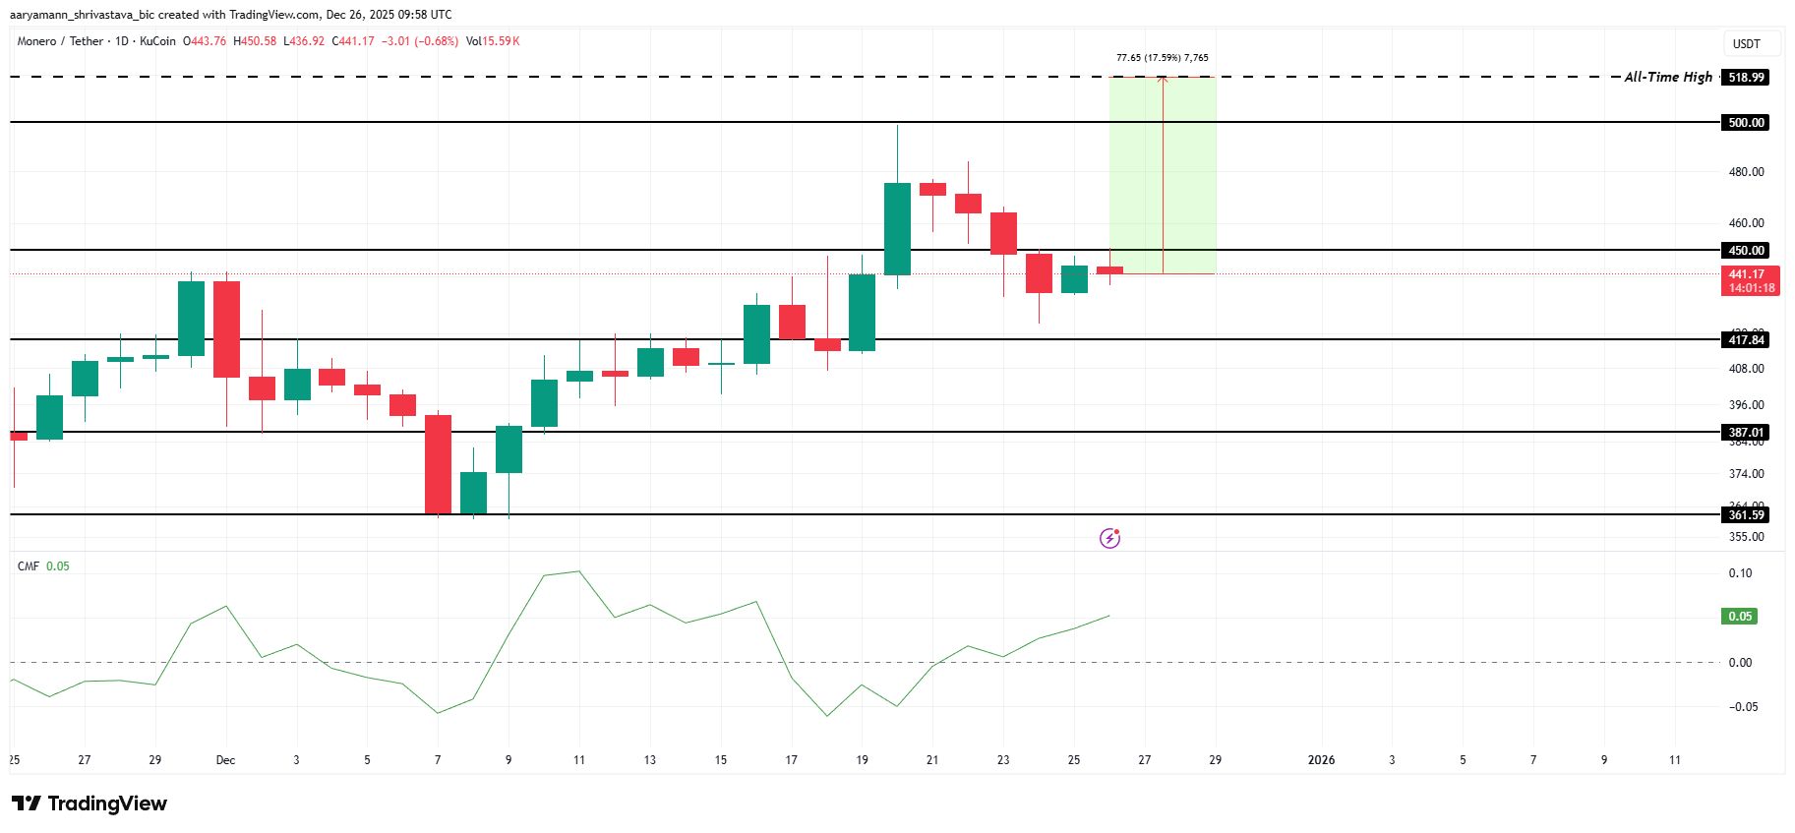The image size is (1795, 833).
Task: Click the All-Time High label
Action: click(1668, 77)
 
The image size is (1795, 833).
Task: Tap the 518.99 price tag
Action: click(1746, 77)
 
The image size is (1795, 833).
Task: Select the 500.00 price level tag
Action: click(1746, 123)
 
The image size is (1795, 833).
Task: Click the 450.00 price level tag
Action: click(1746, 251)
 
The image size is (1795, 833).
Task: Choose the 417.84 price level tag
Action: click(1746, 340)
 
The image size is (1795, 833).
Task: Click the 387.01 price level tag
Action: click(1746, 433)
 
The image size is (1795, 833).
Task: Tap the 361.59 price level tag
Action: click(1746, 515)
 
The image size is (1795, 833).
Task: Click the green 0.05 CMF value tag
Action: click(1740, 617)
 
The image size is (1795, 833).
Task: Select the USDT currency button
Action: click(1747, 43)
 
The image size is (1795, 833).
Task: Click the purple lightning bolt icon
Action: click(1109, 538)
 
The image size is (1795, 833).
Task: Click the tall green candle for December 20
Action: click(897, 228)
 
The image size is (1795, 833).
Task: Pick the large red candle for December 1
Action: click(227, 329)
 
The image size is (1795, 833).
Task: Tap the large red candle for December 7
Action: click(438, 464)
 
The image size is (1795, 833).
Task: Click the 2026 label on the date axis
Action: click(1321, 760)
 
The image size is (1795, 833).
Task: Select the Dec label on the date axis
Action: click(225, 760)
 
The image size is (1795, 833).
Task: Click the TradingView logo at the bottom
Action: click(90, 803)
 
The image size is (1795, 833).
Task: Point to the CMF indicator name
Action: click(29, 566)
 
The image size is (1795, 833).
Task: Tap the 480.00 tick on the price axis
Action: click(1746, 172)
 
